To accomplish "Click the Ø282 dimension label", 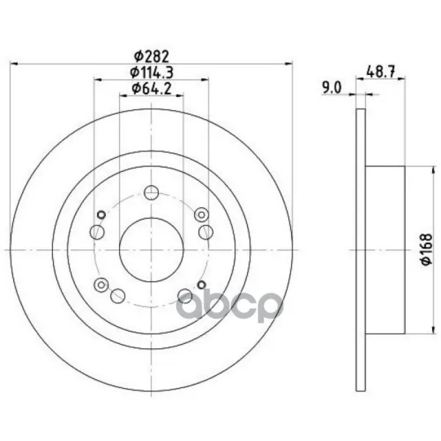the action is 151,57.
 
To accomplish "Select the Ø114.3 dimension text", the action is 151,73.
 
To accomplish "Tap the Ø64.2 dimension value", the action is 151,89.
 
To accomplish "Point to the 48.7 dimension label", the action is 381,72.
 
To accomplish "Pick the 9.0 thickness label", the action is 331,87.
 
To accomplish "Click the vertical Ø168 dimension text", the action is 426,249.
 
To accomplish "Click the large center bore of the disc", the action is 151,249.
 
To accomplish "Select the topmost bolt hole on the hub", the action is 151,193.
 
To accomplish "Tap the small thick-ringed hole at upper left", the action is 101,215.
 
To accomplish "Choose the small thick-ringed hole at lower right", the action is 201,284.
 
